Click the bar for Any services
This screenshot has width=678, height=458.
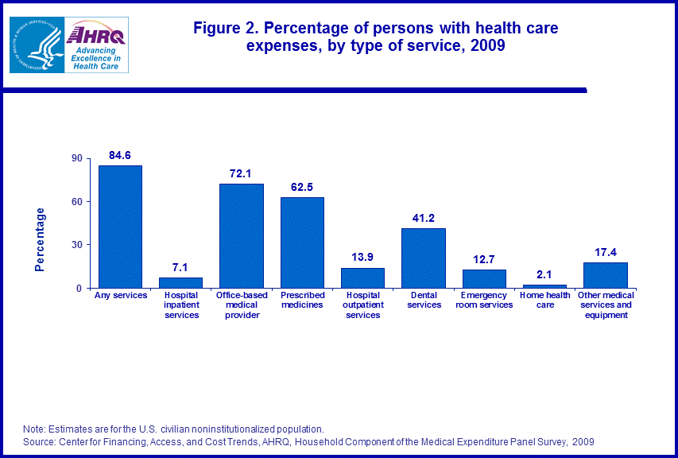(120, 227)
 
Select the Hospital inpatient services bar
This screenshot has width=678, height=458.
(180, 282)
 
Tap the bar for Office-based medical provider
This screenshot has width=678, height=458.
(242, 235)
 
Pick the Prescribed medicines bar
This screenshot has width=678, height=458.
(302, 243)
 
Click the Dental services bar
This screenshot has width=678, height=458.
(424, 258)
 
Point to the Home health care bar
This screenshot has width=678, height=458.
(544, 285)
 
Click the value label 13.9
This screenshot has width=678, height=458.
(362, 256)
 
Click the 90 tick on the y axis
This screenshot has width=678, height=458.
(77, 158)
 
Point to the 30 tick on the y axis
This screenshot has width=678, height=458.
(77, 245)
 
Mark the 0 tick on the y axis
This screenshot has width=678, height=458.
(80, 288)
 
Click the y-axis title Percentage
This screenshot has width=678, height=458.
(41, 239)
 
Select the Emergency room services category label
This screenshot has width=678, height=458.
(484, 301)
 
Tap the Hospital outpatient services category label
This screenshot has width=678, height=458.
(362, 305)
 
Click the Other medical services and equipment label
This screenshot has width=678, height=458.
(606, 305)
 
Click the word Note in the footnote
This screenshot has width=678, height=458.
(34, 429)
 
